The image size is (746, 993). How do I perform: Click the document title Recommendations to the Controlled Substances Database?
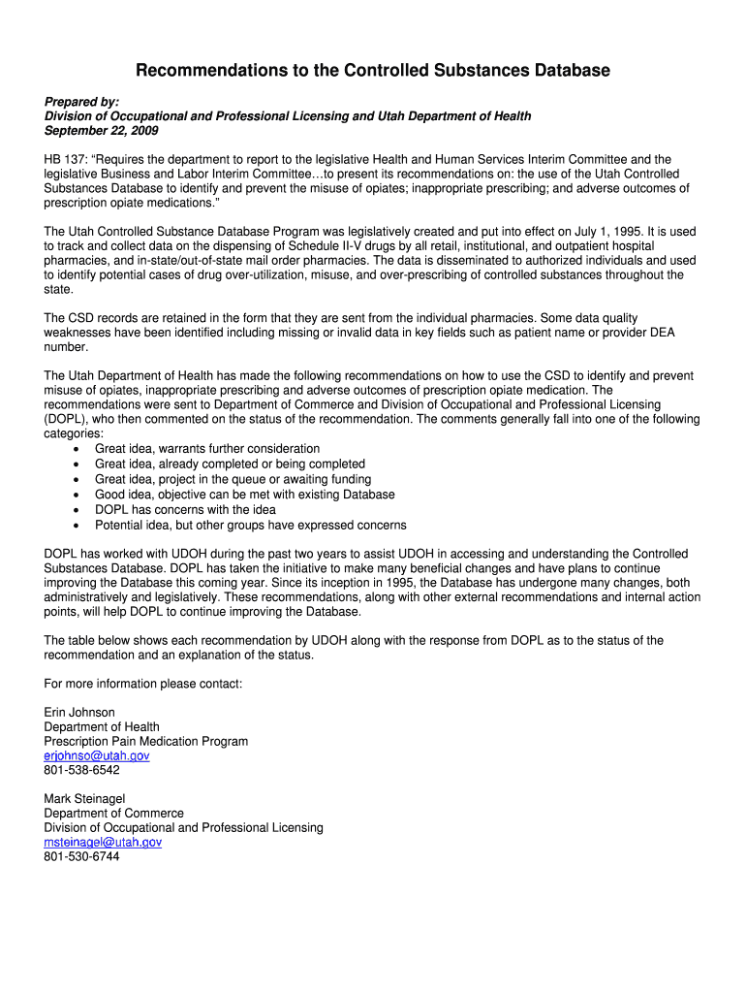pyautogui.click(x=372, y=70)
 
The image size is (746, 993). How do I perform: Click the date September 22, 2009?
pyautogui.click(x=101, y=131)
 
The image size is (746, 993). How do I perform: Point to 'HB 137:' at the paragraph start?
pyautogui.click(x=65, y=159)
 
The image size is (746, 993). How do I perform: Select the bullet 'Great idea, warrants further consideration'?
pyautogui.click(x=206, y=449)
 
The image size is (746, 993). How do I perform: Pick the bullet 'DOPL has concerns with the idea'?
pyautogui.click(x=185, y=509)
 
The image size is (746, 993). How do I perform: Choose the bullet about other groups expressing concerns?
pyautogui.click(x=250, y=525)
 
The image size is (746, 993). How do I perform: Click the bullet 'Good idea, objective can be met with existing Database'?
pyautogui.click(x=244, y=495)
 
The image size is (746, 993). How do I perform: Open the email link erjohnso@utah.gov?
pyautogui.click(x=97, y=755)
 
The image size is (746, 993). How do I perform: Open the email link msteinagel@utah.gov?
pyautogui.click(x=103, y=843)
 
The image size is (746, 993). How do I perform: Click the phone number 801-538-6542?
pyautogui.click(x=82, y=770)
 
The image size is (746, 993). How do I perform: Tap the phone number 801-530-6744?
pyautogui.click(x=82, y=857)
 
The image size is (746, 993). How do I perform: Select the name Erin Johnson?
pyautogui.click(x=79, y=712)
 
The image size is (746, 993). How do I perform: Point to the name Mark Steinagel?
pyautogui.click(x=84, y=799)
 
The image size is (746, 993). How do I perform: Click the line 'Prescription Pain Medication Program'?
pyautogui.click(x=146, y=741)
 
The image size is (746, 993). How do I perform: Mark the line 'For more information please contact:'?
pyautogui.click(x=143, y=684)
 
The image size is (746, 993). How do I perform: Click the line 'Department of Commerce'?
pyautogui.click(x=113, y=814)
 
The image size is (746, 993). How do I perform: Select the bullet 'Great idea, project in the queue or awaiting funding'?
pyautogui.click(x=233, y=479)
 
